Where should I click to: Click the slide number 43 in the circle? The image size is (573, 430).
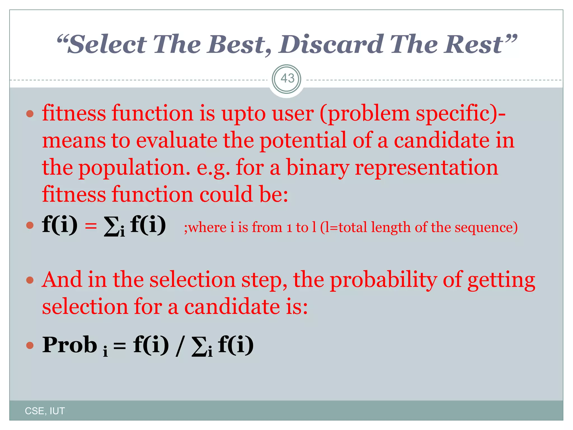[287, 79]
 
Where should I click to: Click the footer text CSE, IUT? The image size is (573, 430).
[45, 411]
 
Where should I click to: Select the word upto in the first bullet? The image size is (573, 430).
[243, 114]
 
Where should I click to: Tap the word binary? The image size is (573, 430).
[318, 168]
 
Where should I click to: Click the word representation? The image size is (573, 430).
[426, 168]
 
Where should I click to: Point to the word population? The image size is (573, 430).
[134, 168]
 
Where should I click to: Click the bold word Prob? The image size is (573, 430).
[70, 345]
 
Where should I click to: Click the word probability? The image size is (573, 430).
[383, 280]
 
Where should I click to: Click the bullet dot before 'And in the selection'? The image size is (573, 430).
[30, 280]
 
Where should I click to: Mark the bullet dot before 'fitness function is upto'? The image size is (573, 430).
[30, 114]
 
